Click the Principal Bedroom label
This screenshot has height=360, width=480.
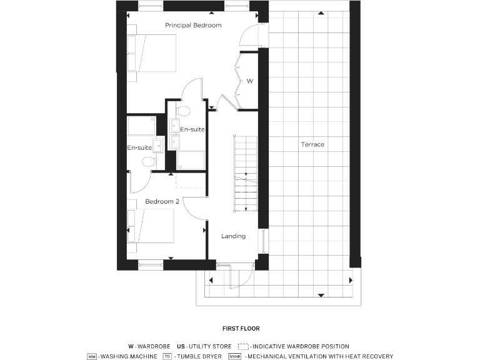193,26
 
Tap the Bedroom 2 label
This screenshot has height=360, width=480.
162,202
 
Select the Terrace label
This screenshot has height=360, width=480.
312,144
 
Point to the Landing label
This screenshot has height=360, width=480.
233,236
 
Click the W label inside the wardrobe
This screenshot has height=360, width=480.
249,81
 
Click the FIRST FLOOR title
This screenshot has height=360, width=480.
241,328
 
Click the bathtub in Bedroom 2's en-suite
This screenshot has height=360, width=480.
141,125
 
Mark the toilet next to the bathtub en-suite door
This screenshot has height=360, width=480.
148,162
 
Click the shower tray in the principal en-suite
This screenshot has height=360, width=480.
191,160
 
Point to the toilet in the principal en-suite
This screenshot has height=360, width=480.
182,111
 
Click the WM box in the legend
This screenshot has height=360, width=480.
92,356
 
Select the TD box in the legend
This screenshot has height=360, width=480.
167,356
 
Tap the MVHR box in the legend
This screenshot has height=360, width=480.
235,356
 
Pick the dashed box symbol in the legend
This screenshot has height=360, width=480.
244,346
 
